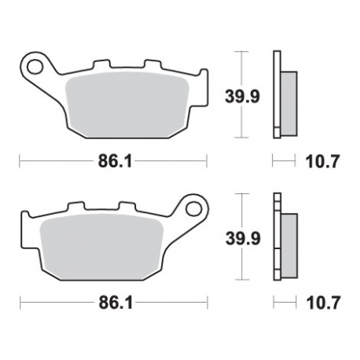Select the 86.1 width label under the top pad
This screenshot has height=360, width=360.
[113, 161]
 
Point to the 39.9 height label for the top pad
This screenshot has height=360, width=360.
[244, 97]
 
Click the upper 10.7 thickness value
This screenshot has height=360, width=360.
[321, 162]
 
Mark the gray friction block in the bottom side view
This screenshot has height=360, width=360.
[288, 243]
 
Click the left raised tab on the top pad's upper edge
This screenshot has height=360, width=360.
[101, 65]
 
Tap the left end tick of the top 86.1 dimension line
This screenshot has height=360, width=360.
[19, 161]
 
